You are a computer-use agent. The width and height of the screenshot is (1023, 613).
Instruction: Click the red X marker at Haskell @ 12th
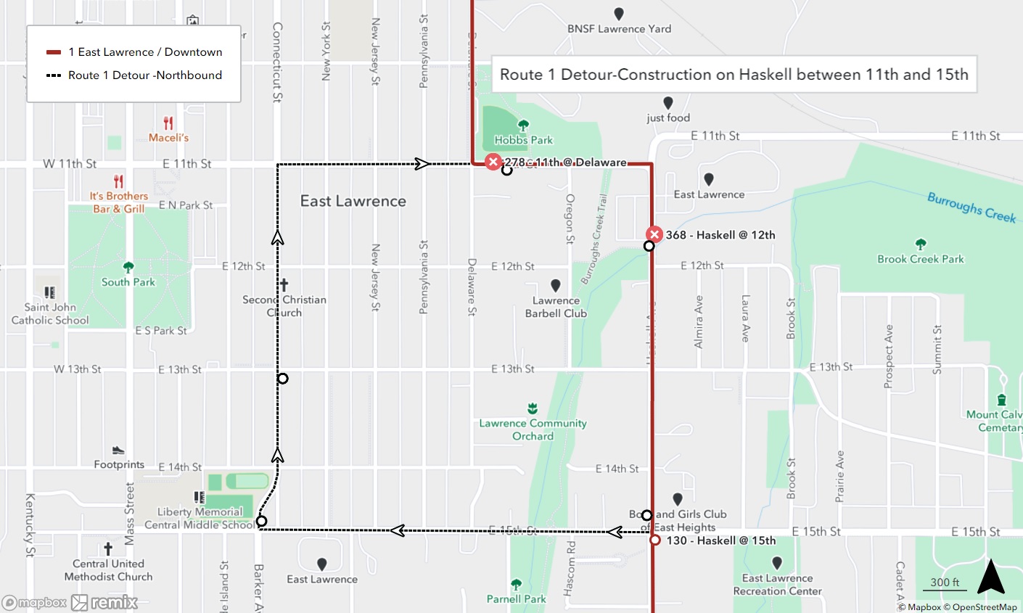click(x=654, y=234)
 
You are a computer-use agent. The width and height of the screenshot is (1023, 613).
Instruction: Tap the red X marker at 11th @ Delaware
click(x=493, y=162)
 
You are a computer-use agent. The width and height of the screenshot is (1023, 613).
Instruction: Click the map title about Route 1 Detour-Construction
click(x=734, y=75)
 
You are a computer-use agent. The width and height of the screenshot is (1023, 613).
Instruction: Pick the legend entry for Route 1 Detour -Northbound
click(x=145, y=75)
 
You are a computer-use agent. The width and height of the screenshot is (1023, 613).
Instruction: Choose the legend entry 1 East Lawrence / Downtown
click(x=145, y=52)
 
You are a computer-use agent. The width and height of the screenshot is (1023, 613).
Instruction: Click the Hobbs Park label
click(x=523, y=140)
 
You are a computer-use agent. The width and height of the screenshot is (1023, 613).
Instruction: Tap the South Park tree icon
click(x=128, y=268)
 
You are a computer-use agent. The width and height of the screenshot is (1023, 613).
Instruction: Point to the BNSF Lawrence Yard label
click(x=619, y=29)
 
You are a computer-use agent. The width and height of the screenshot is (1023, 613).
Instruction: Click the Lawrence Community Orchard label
click(x=533, y=429)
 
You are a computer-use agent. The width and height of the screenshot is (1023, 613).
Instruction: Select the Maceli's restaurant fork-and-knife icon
click(x=168, y=123)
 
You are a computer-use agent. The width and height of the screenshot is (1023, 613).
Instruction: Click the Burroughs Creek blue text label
click(x=971, y=207)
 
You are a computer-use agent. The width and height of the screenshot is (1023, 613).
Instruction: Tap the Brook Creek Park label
click(x=921, y=259)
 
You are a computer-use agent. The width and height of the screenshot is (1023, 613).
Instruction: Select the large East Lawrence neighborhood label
click(x=353, y=201)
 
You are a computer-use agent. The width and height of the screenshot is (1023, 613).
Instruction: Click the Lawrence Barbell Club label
click(x=556, y=307)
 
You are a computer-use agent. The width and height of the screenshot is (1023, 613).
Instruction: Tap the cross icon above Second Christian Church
click(x=284, y=285)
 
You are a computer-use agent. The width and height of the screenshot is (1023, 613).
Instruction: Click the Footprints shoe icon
click(x=118, y=451)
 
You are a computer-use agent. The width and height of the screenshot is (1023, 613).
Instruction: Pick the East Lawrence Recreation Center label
click(x=777, y=585)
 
